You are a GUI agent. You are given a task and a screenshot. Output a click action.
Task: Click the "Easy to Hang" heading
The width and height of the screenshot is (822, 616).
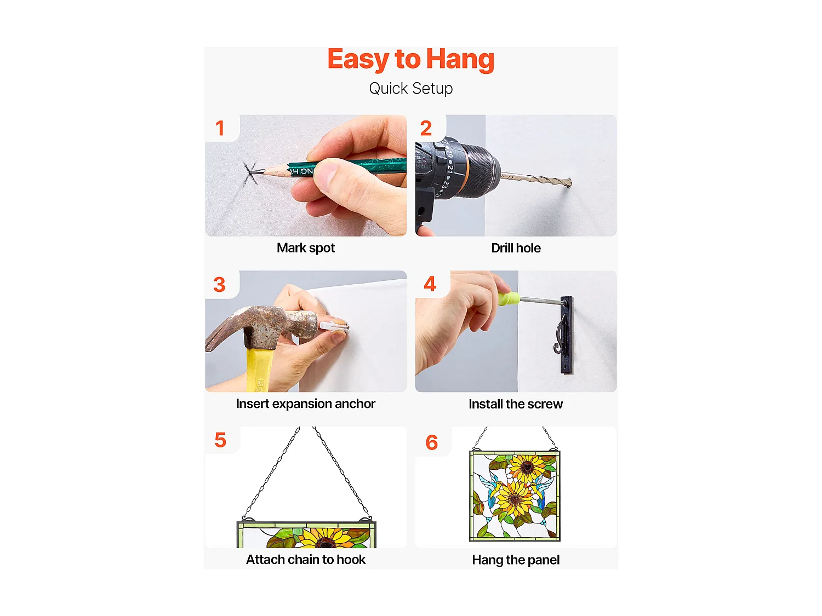(x=411, y=59)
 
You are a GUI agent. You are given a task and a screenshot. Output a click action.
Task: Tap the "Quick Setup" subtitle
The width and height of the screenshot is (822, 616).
(x=411, y=89)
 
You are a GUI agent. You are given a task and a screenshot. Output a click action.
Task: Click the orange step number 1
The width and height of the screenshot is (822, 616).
(x=220, y=128)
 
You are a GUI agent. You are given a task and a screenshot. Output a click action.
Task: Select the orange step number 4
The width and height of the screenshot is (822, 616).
(x=430, y=284)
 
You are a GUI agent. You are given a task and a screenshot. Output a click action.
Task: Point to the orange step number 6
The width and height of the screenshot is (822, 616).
(x=431, y=442)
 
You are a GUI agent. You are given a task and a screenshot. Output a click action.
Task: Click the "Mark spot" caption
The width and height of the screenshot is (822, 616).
(x=306, y=248)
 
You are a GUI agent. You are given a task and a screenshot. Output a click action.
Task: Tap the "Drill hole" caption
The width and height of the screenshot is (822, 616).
(x=516, y=248)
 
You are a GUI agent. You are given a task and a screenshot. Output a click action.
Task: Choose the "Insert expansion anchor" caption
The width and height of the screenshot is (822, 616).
(x=306, y=404)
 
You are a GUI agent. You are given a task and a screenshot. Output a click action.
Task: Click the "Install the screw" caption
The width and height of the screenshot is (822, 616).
(x=516, y=404)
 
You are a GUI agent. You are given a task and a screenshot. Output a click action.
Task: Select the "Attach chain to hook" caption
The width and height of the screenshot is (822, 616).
(x=306, y=560)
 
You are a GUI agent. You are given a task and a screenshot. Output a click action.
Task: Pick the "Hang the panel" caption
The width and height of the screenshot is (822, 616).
(x=516, y=560)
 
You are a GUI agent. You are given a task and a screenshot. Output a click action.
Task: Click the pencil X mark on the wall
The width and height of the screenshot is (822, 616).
(x=250, y=173)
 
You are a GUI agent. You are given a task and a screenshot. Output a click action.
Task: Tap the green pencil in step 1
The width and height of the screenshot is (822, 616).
(x=333, y=168)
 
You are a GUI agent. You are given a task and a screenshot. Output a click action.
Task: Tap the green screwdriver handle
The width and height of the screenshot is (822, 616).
(x=508, y=298)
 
